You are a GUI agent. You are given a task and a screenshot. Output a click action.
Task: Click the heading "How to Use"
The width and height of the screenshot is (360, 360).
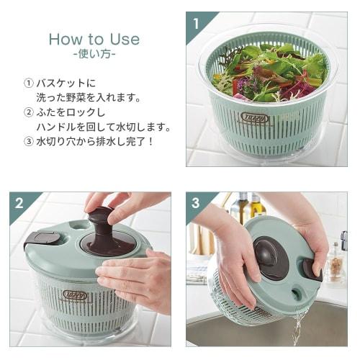pos(94,39)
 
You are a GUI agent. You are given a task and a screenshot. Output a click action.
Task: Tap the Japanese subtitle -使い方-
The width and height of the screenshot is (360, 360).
pos(94,55)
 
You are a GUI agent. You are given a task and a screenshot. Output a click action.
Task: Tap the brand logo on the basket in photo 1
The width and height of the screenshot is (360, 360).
pos(256,118)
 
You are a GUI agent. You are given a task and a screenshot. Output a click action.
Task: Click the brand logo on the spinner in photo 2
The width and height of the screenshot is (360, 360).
pos(74,295)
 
